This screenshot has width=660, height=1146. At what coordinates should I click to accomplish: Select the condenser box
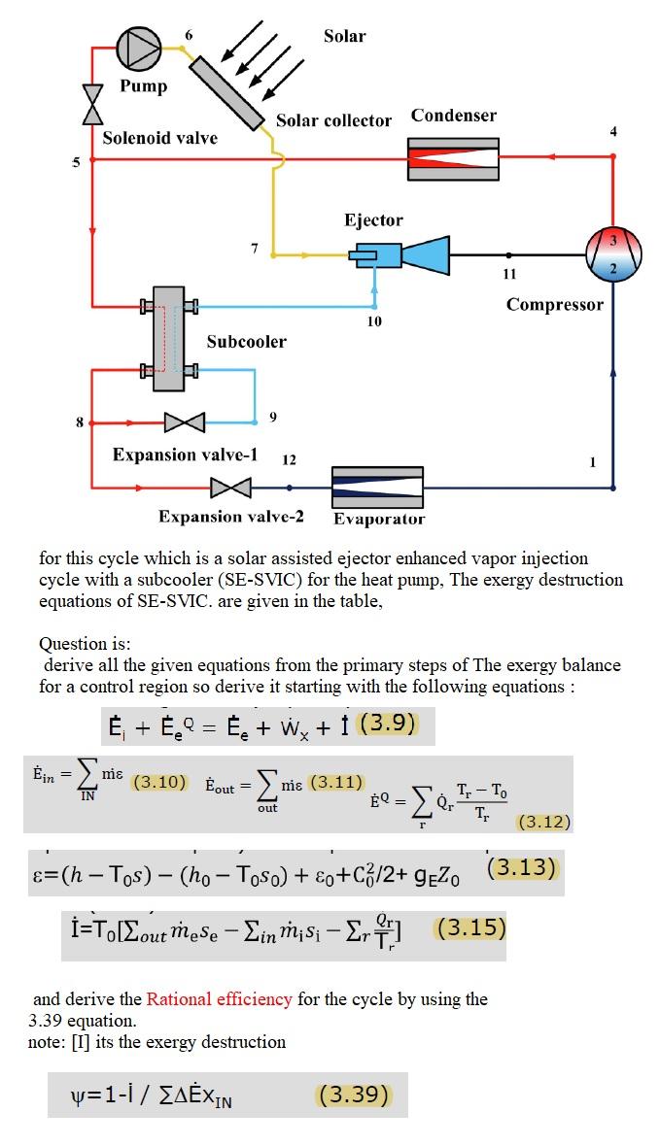pyautogui.click(x=453, y=158)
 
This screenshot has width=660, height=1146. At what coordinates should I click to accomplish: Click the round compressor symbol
pyautogui.click(x=613, y=253)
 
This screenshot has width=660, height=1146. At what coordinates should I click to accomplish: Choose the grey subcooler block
pyautogui.click(x=168, y=338)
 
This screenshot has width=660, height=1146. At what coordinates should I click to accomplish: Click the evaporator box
pyautogui.click(x=377, y=487)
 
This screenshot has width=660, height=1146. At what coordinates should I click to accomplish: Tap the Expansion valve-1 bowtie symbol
pyautogui.click(x=185, y=422)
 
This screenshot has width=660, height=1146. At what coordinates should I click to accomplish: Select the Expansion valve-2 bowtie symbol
pyautogui.click(x=231, y=487)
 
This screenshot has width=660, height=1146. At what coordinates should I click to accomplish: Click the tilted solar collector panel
pyautogui.click(x=227, y=92)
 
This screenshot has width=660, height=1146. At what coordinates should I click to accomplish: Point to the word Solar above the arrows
pyautogui.click(x=344, y=36)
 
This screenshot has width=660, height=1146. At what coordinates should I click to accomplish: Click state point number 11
pyautogui.click(x=509, y=274)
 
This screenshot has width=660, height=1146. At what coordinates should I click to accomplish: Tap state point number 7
pyautogui.click(x=255, y=249)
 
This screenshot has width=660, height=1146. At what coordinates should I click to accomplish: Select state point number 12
pyautogui.click(x=289, y=458)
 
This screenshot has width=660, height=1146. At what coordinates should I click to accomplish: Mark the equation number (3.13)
pyautogui.click(x=522, y=866)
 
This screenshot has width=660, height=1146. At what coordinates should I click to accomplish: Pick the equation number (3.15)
pyautogui.click(x=471, y=927)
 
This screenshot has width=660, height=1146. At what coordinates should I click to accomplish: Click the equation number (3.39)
pyautogui.click(x=354, y=1095)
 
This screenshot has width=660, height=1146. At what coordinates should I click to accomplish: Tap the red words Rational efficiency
pyautogui.click(x=219, y=998)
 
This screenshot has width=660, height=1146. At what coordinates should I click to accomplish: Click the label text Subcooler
pyautogui.click(x=246, y=342)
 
